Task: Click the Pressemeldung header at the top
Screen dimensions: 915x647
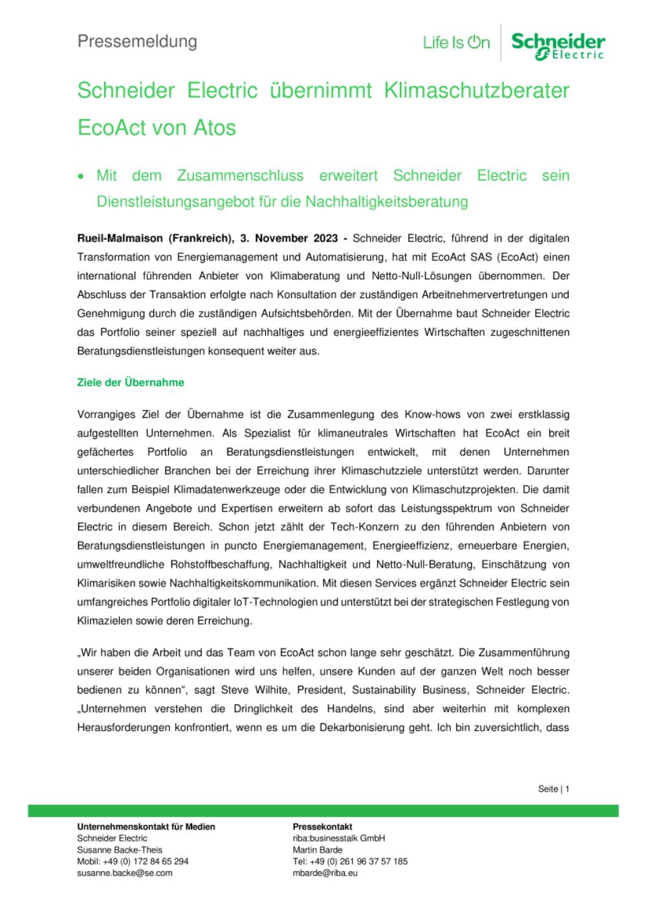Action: (x=137, y=41)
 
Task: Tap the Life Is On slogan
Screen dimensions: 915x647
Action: (x=456, y=43)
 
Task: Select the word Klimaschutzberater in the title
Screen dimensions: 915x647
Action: (x=477, y=90)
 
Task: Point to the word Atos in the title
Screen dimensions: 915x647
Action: (x=214, y=127)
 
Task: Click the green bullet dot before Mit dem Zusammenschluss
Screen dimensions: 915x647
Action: (x=81, y=176)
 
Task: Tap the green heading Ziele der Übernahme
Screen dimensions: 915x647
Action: (x=131, y=382)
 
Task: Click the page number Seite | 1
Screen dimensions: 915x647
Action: (x=553, y=789)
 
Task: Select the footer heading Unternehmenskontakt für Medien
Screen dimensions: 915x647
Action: (x=146, y=826)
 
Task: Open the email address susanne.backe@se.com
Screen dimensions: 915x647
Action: (x=125, y=872)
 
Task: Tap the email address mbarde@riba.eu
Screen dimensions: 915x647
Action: (x=325, y=872)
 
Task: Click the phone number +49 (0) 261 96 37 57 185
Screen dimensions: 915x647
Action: (x=358, y=861)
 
